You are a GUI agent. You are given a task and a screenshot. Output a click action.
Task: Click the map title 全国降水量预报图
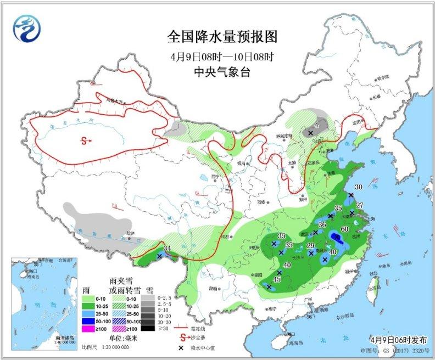pyautogui.click(x=222, y=37)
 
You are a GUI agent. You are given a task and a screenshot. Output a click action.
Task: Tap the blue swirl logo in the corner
pyautogui.click(x=28, y=28)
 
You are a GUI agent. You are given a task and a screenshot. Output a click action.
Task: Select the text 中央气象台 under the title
pyautogui.click(x=222, y=71)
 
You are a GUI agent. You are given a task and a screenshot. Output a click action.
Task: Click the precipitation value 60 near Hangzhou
pyautogui.click(x=345, y=229)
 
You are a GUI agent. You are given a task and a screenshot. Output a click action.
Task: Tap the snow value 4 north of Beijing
pyautogui.click(x=316, y=125)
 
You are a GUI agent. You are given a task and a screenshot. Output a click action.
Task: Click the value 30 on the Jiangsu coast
pyautogui.click(x=358, y=187)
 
